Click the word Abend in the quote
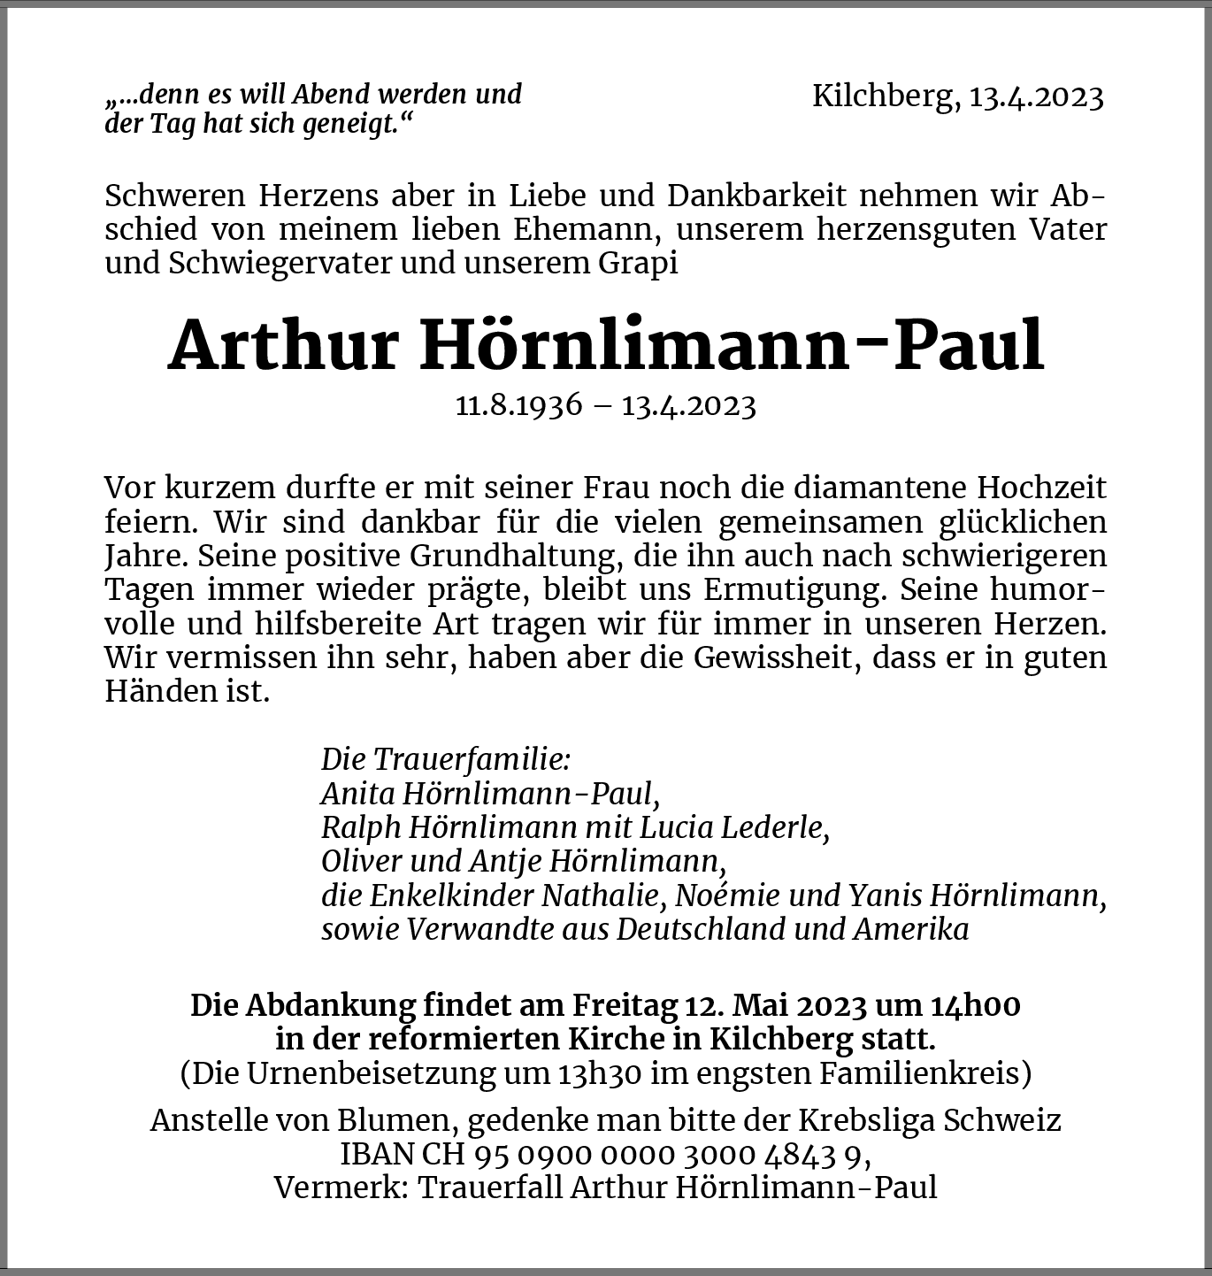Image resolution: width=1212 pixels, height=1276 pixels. tap(332, 94)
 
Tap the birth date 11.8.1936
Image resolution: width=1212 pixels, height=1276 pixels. tap(519, 405)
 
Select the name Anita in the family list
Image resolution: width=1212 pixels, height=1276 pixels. tap(357, 793)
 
